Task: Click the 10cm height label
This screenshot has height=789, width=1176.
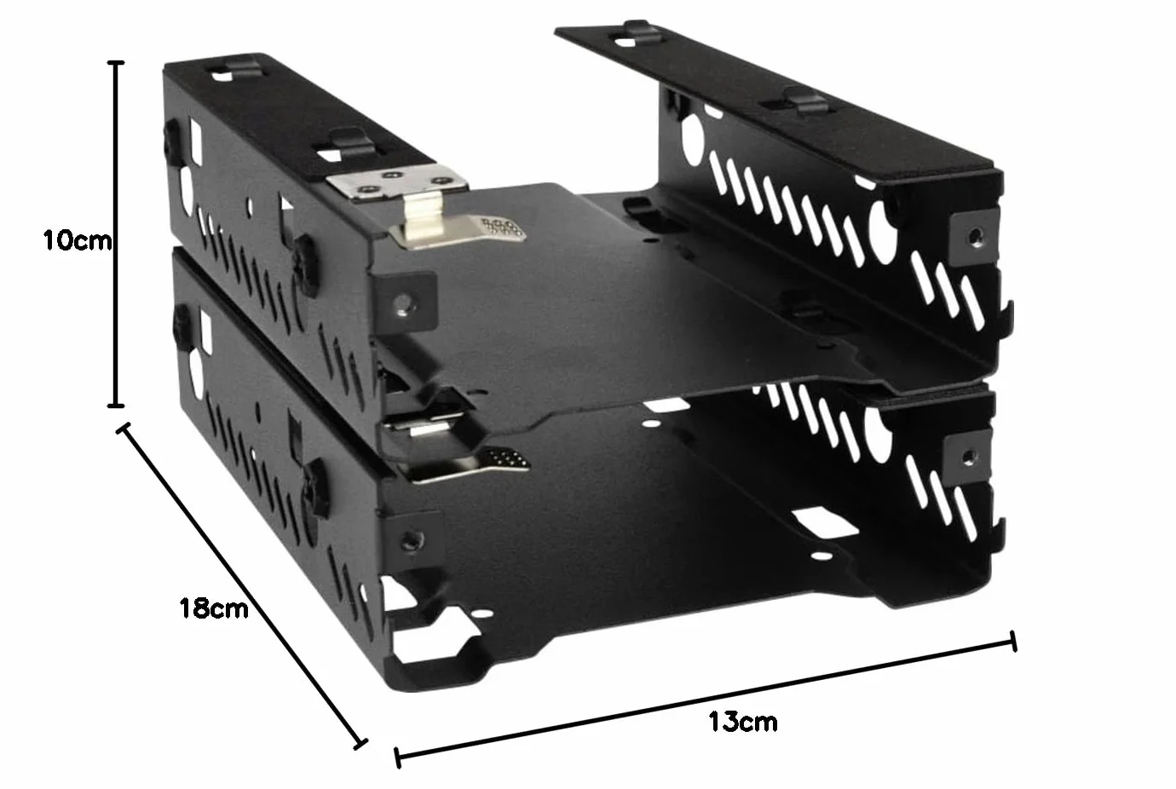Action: click(78, 240)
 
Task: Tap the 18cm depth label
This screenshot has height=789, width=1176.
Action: click(214, 608)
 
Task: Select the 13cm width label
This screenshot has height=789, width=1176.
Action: click(743, 722)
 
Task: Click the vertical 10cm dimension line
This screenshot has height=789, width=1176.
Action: click(116, 234)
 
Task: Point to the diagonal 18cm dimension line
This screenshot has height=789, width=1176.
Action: click(241, 586)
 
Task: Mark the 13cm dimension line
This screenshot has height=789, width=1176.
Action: click(705, 700)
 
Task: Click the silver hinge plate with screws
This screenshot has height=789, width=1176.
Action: click(396, 181)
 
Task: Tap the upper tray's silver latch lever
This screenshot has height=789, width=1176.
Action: click(457, 225)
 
